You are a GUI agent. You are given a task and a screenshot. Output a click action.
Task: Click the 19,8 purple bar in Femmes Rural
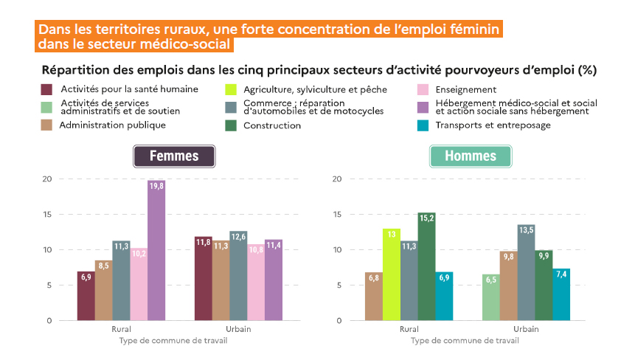(x=156, y=251)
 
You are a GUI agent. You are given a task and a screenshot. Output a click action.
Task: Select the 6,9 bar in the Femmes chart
(x=86, y=296)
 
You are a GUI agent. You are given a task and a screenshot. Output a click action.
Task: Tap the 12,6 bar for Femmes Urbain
(x=238, y=276)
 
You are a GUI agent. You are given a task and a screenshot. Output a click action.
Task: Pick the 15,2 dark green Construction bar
(x=426, y=266)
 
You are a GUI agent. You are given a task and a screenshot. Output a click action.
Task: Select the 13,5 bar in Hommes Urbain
(x=527, y=273)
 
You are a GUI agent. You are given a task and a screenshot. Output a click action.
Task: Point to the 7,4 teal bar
(x=562, y=294)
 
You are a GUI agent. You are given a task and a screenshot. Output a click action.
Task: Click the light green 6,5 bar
(x=491, y=297)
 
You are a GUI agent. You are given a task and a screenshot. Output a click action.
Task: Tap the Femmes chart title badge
(x=174, y=156)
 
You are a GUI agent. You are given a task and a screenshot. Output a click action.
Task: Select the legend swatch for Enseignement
(x=423, y=89)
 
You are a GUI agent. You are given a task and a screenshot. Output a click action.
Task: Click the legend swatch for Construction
(x=231, y=125)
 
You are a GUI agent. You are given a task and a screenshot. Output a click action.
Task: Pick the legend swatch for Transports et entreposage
(x=423, y=125)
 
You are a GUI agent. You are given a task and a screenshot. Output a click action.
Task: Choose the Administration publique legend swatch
(x=46, y=125)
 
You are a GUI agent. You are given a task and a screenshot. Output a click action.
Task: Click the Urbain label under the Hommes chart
(x=526, y=329)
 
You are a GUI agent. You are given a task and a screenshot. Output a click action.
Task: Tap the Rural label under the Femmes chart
(x=122, y=329)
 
